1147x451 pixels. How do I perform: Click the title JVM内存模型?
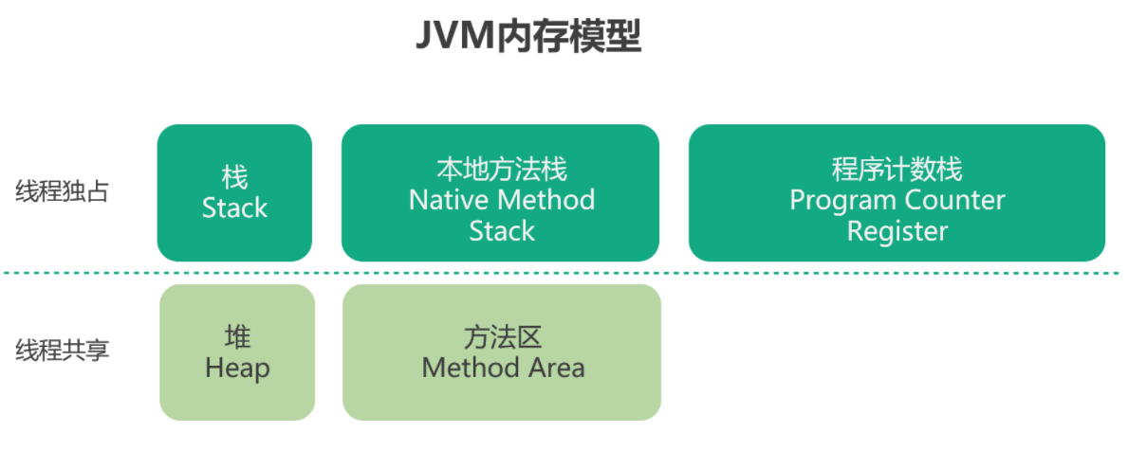coord(528,36)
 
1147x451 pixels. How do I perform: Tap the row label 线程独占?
coord(62,191)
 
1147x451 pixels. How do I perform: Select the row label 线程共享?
coord(62,351)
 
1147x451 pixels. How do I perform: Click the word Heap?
coord(237,369)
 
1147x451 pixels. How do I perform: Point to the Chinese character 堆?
coord(237,337)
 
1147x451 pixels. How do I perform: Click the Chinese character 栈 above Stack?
coord(234,177)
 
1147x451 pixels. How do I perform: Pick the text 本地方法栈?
coord(502,170)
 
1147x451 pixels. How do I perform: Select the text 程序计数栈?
coord(897,170)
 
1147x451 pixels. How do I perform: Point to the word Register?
coord(897,232)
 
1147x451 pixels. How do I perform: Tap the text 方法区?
coord(502,337)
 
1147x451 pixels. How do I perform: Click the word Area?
coord(557,368)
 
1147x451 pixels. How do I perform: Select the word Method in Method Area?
coord(471,368)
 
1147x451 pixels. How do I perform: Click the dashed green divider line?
coord(562,273)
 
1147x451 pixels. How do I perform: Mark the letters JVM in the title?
coord(455,35)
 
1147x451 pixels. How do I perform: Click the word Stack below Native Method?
coord(502,231)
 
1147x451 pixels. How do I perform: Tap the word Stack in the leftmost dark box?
coord(234,208)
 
